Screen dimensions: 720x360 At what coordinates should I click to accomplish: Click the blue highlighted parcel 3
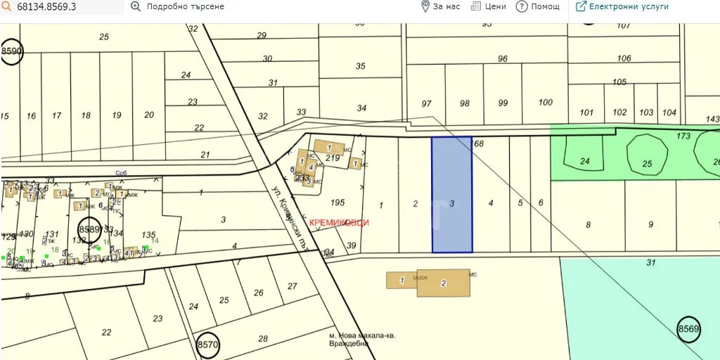451,195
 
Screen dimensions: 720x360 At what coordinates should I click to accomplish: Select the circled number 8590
12,51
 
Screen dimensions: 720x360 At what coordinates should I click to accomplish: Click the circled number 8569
689,328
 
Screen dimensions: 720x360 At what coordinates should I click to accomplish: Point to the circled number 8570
208,345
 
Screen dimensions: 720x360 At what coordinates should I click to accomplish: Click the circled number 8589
89,229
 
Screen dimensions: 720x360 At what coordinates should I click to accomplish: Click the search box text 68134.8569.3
46,7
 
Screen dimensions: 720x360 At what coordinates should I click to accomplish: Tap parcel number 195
337,202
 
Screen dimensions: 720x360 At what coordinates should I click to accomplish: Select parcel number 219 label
333,159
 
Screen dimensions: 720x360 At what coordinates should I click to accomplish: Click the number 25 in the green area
647,164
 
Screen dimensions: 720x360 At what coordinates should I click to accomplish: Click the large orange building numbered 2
443,283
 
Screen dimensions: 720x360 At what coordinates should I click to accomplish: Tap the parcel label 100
545,103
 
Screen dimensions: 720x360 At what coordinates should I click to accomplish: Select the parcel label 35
361,66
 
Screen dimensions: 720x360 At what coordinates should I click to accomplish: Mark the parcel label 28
263,339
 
